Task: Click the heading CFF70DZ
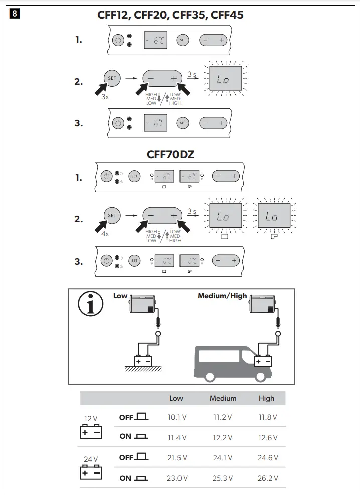click(170, 155)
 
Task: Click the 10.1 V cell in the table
click(176, 417)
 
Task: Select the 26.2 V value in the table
click(267, 478)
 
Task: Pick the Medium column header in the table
click(223, 398)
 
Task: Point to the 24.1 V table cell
click(223, 457)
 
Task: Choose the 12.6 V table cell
click(267, 437)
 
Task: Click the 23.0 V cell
click(176, 478)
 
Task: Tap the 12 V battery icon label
click(91, 418)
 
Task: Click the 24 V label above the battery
click(91, 459)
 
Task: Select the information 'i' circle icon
click(91, 305)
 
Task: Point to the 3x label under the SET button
click(105, 97)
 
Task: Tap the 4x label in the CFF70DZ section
click(105, 234)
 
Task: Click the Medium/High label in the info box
click(222, 296)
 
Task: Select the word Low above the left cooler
click(120, 296)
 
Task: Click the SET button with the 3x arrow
click(112, 78)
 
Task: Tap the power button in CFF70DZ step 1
click(106, 176)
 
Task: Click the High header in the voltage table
click(266, 398)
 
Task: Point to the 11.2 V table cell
click(223, 417)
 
